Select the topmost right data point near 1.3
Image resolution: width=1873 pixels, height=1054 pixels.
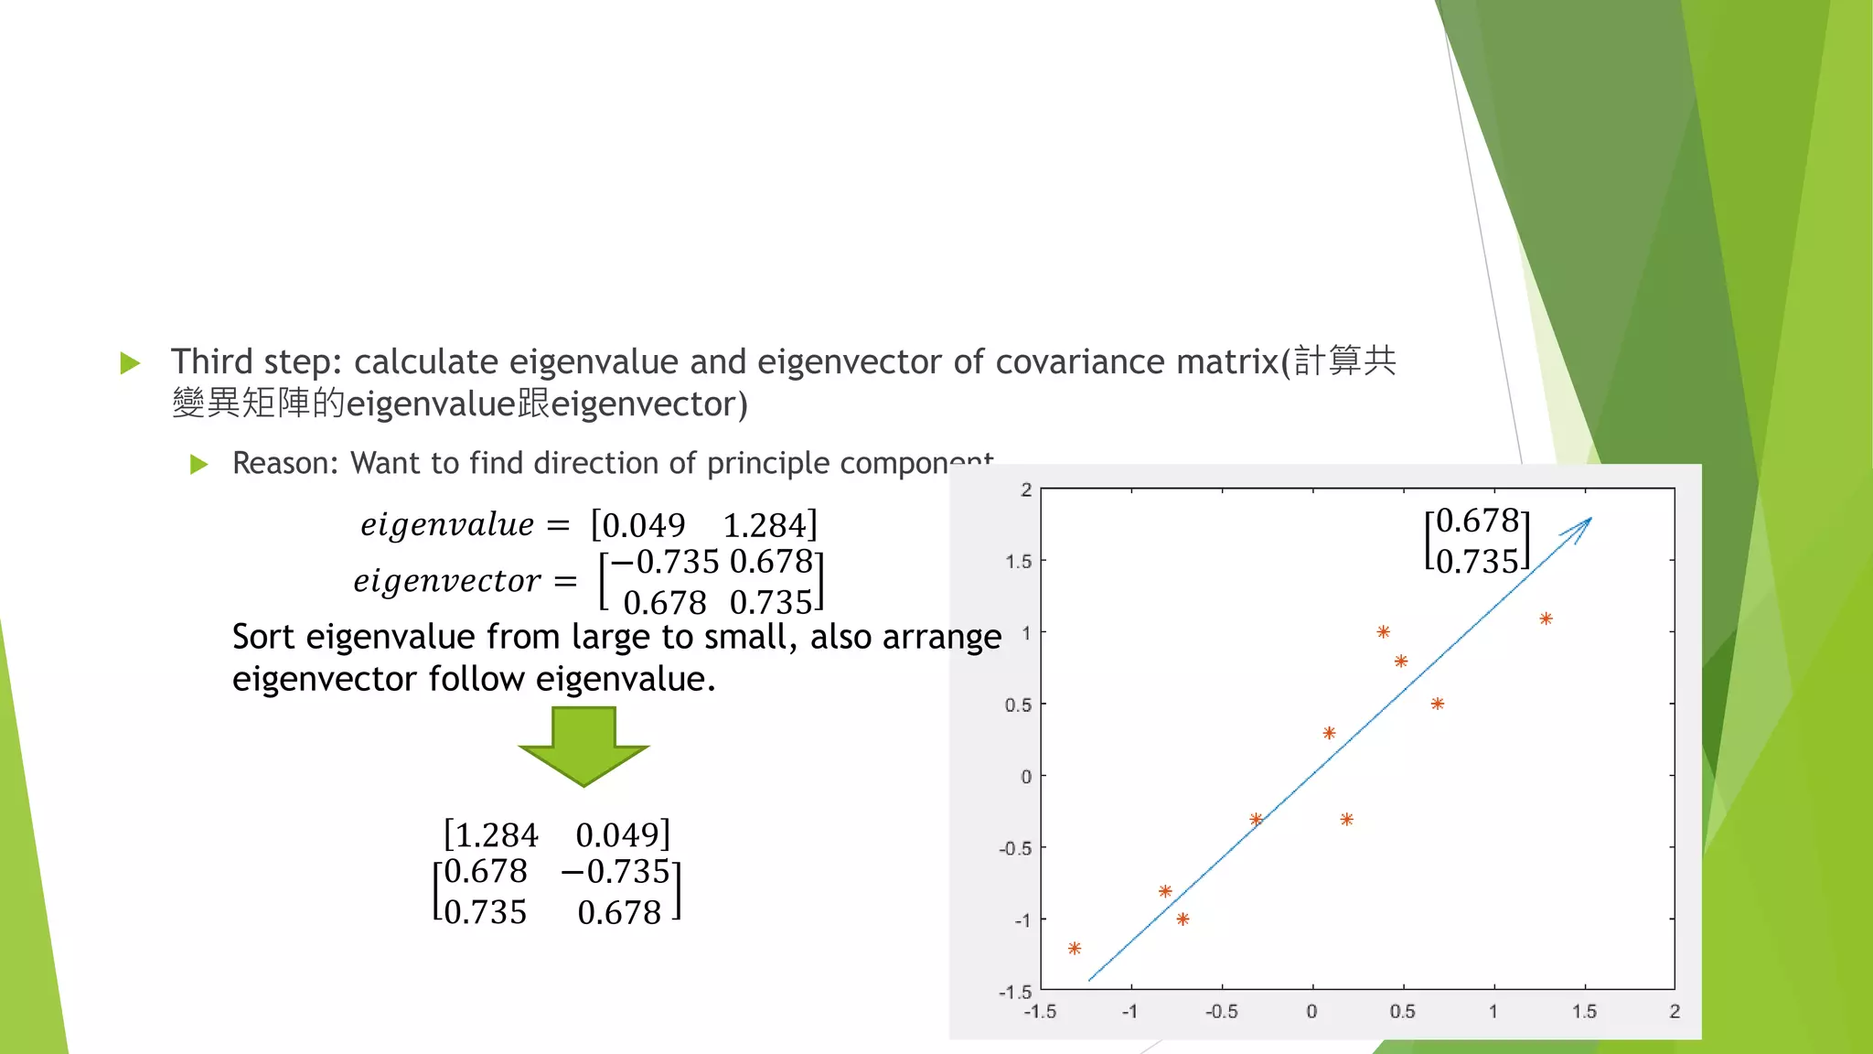[x=1546, y=619]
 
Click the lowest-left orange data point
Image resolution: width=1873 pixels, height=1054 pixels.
[x=1075, y=949]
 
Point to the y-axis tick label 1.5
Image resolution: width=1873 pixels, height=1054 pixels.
[x=1018, y=561]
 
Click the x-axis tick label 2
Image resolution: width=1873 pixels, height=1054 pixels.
[x=1675, y=1012]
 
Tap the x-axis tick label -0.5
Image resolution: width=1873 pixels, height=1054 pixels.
[x=1221, y=1012]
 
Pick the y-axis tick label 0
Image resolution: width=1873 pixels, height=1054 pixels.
[x=1026, y=777]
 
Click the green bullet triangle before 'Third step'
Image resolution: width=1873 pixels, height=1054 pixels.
[x=130, y=363]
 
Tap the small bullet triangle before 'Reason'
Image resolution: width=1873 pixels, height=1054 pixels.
[x=198, y=465]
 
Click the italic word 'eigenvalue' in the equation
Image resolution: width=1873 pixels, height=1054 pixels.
[x=447, y=525]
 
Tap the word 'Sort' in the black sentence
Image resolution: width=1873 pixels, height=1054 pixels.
[x=264, y=637]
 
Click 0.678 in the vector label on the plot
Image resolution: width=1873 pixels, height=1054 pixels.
[x=1478, y=521]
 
